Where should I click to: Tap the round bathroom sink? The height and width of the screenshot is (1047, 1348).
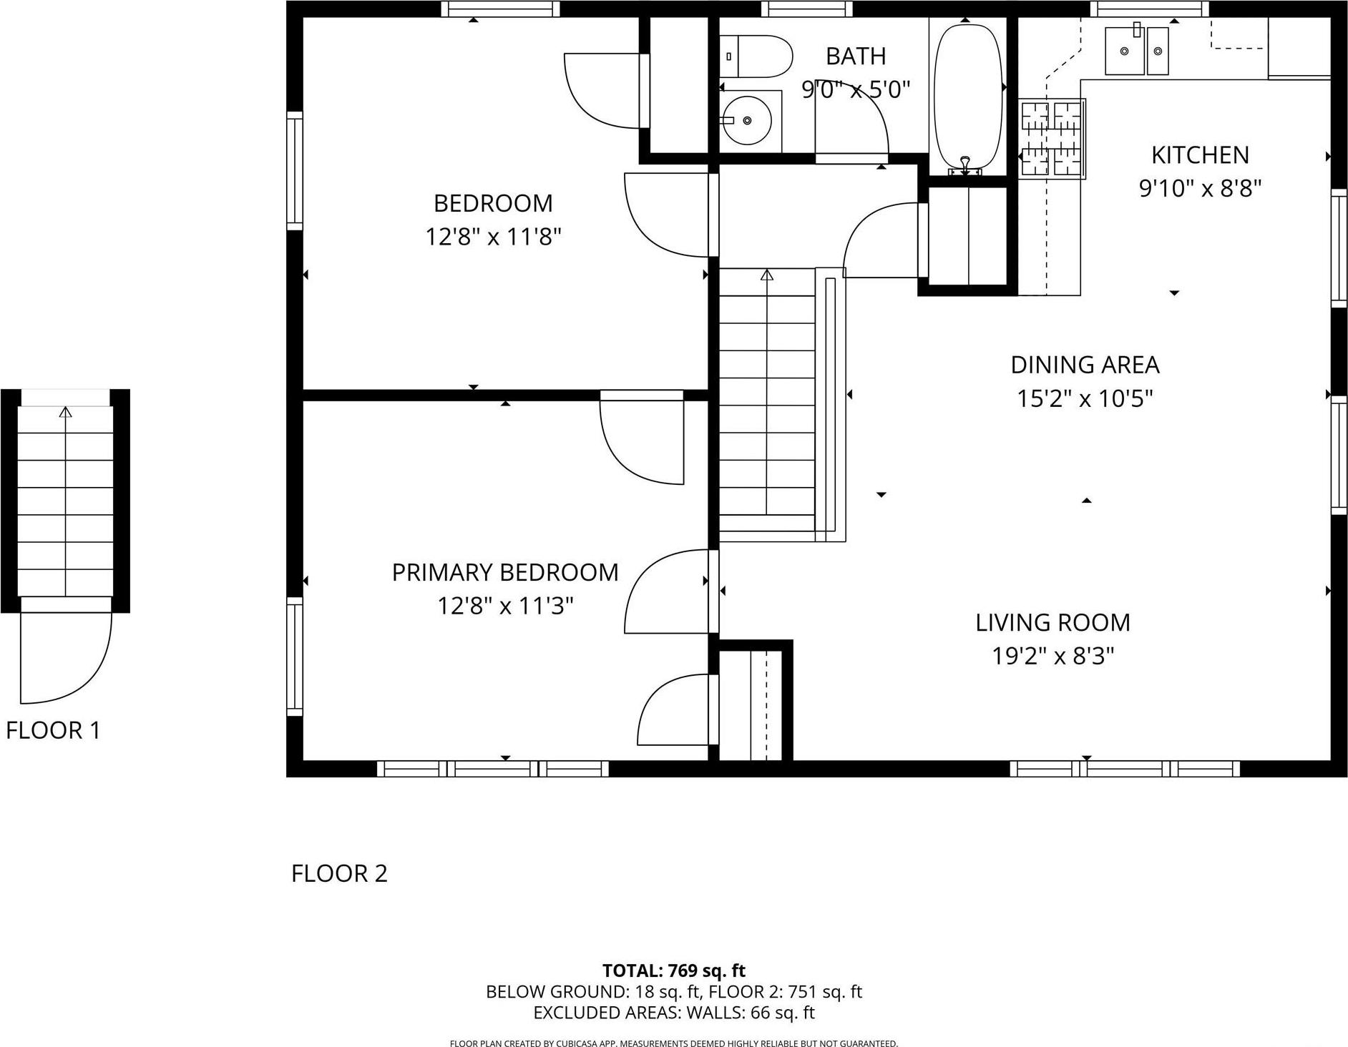coord(746,121)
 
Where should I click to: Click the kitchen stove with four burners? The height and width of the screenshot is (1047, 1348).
coord(1052,139)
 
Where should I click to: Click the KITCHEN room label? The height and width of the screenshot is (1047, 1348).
coord(1200,154)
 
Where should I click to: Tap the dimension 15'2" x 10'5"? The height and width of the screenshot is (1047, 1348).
coord(1085,398)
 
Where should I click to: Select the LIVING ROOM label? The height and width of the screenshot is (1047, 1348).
coord(1052,622)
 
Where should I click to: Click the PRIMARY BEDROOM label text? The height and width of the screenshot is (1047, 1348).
coord(505,572)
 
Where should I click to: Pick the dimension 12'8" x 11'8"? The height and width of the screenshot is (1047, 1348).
coord(493,237)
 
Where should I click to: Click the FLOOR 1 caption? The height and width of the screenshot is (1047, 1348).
coord(54,730)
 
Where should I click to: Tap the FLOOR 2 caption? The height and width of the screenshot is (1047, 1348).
coord(339,873)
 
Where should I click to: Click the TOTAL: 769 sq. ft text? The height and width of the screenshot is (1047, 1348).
coord(673,970)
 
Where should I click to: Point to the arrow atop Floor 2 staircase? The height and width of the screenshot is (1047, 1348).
coord(767,275)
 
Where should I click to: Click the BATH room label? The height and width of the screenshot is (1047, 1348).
coord(856,56)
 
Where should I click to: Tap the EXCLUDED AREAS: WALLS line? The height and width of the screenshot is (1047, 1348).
coord(673,1013)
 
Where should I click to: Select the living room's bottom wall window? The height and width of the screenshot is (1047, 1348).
coord(1125,769)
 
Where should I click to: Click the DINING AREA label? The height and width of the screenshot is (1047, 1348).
coord(1085,365)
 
